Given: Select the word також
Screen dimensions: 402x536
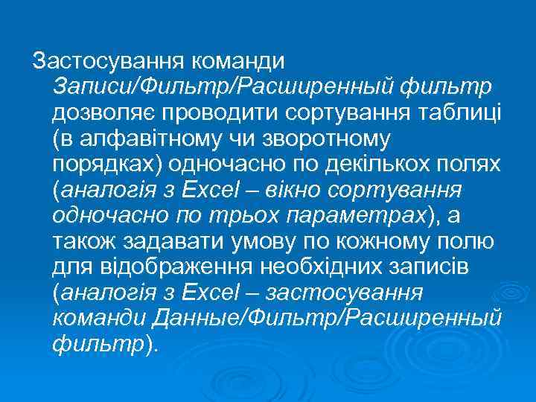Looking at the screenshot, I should point(83,241).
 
